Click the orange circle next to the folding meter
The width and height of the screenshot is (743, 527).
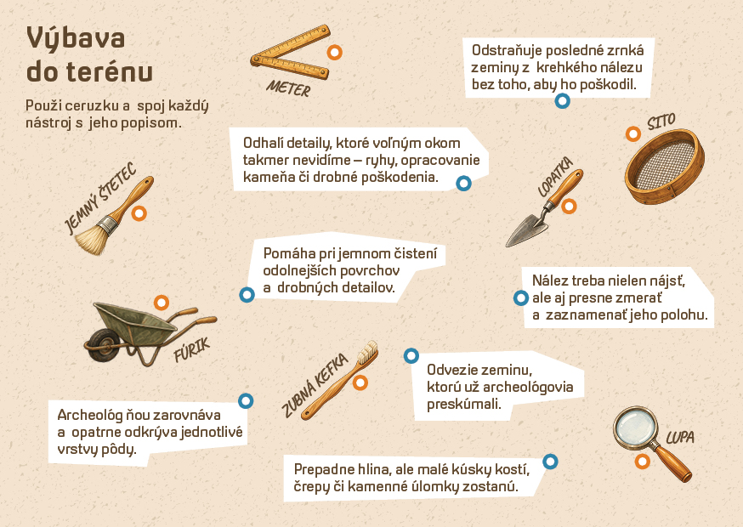coord(335,52)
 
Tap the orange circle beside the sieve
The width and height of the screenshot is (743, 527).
coord(633,134)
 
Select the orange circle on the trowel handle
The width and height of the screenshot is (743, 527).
coord(569,207)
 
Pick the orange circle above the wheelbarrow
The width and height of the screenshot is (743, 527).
coord(162,303)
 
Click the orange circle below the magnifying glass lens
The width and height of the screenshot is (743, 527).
coord(642,461)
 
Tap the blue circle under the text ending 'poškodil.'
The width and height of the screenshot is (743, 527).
coord(563,100)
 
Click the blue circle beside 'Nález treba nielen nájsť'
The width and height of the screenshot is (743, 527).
coord(521,298)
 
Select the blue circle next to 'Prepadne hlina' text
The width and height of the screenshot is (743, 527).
coord(550,461)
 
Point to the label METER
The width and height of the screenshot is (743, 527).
coord(288,88)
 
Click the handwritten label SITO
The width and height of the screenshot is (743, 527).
coord(661,122)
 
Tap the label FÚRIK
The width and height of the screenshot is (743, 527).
coord(191,349)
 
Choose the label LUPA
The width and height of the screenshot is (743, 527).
coord(680,437)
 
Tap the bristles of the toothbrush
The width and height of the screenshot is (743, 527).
coord(366,352)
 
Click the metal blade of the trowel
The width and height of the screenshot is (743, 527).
coord(526,231)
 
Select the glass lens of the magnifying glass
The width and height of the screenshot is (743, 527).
coord(635,428)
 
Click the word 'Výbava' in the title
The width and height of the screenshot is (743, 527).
coord(76,38)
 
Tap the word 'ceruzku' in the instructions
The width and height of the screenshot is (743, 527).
coord(97,105)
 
